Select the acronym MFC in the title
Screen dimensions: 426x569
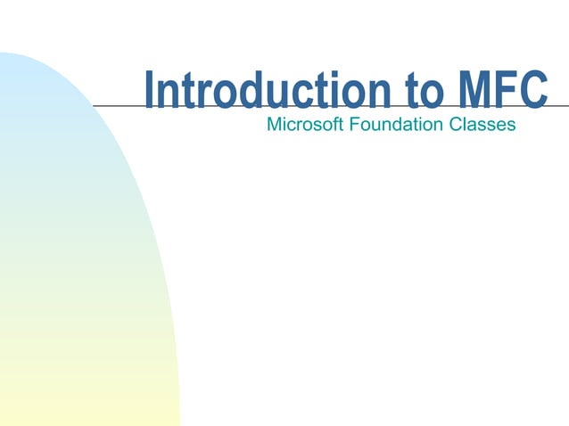[x=500, y=92]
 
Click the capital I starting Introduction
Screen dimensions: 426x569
[x=150, y=92]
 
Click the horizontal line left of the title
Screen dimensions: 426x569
[x=116, y=105]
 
